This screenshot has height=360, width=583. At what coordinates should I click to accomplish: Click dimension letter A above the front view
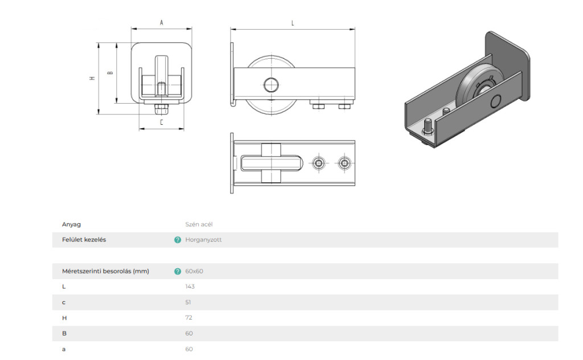click(x=161, y=23)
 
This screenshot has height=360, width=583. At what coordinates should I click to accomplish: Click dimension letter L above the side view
click(x=293, y=23)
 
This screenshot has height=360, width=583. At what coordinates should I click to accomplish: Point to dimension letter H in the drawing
click(x=92, y=78)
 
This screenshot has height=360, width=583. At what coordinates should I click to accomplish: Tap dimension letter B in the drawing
click(x=110, y=73)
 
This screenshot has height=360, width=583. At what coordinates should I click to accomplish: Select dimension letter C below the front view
click(x=162, y=122)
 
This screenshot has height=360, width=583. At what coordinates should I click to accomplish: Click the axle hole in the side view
click(x=271, y=85)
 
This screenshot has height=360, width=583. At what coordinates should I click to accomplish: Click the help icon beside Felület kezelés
click(x=178, y=240)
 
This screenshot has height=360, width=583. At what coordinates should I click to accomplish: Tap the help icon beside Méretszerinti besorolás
click(x=178, y=272)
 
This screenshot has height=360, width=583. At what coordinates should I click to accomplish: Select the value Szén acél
click(x=199, y=224)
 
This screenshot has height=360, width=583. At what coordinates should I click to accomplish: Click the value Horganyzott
click(x=203, y=240)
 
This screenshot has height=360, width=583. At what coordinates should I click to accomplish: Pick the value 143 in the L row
click(x=190, y=287)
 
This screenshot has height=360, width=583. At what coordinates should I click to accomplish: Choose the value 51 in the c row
click(x=188, y=302)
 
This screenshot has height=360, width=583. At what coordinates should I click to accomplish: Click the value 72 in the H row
click(x=189, y=318)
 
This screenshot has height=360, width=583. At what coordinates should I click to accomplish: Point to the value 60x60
click(x=194, y=272)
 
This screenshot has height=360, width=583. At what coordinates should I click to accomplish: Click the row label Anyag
click(x=71, y=224)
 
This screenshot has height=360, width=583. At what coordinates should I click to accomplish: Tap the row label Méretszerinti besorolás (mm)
click(x=105, y=272)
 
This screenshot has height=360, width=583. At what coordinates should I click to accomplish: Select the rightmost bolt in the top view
click(x=344, y=163)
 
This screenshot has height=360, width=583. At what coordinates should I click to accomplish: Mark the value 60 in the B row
click(x=189, y=334)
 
